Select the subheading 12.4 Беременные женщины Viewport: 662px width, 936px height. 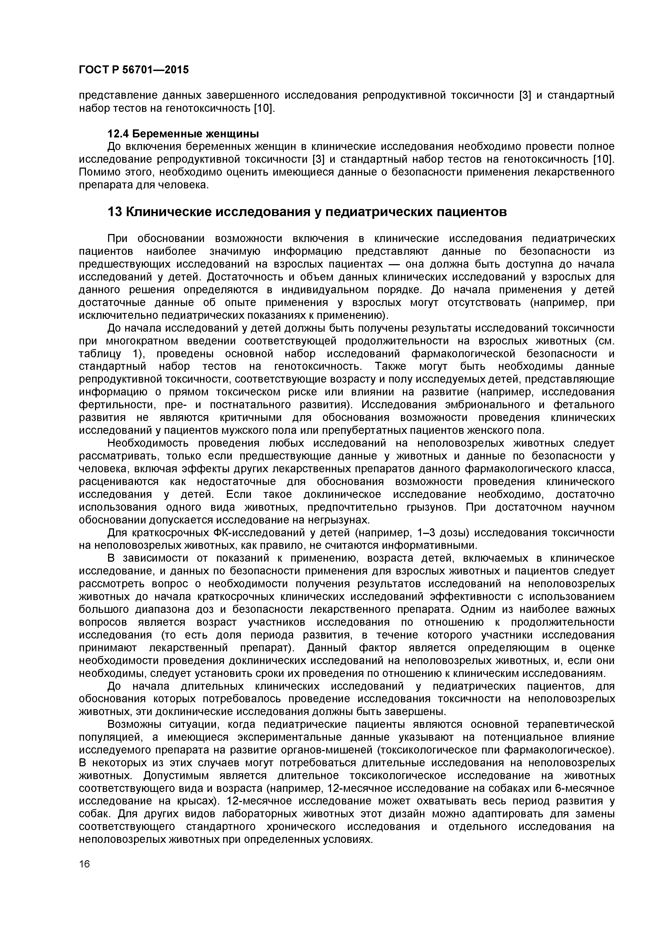pyautogui.click(x=183, y=133)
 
